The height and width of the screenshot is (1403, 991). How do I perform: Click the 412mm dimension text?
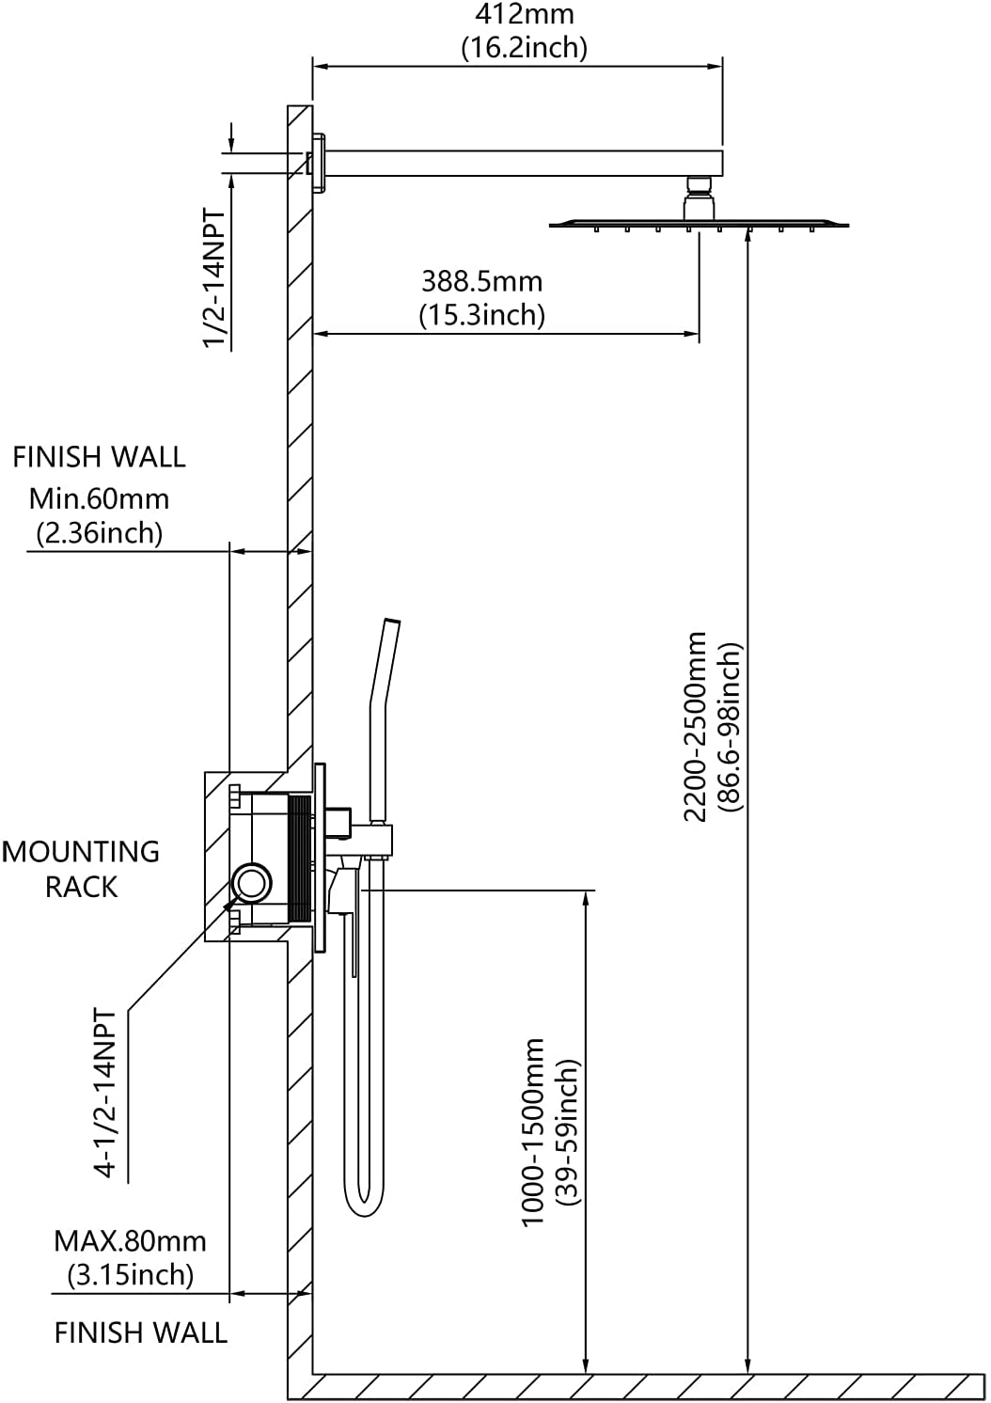click(x=525, y=14)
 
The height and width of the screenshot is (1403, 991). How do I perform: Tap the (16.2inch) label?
click(x=525, y=48)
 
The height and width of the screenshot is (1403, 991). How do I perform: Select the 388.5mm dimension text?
click(x=481, y=282)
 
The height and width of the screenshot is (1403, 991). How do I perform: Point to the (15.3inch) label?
click(x=481, y=315)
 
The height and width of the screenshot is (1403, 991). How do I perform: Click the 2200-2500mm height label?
click(x=696, y=727)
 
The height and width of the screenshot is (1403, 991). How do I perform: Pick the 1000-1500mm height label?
click(x=533, y=1132)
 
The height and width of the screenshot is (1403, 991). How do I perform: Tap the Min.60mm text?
click(x=99, y=499)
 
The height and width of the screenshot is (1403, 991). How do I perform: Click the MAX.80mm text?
click(x=130, y=1241)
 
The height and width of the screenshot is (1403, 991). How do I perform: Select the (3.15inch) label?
click(x=131, y=1274)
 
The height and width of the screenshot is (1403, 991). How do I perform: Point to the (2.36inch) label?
click(x=99, y=533)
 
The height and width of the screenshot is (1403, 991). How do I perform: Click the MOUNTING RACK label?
click(x=81, y=870)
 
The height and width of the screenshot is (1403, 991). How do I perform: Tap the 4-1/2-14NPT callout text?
click(x=104, y=1093)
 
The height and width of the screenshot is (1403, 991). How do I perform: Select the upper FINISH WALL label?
click(x=99, y=457)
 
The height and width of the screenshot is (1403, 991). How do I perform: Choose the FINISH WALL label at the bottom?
click(x=141, y=1332)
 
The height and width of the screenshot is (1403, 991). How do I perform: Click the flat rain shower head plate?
click(x=700, y=225)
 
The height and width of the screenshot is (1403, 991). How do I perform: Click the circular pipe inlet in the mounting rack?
click(x=252, y=882)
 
